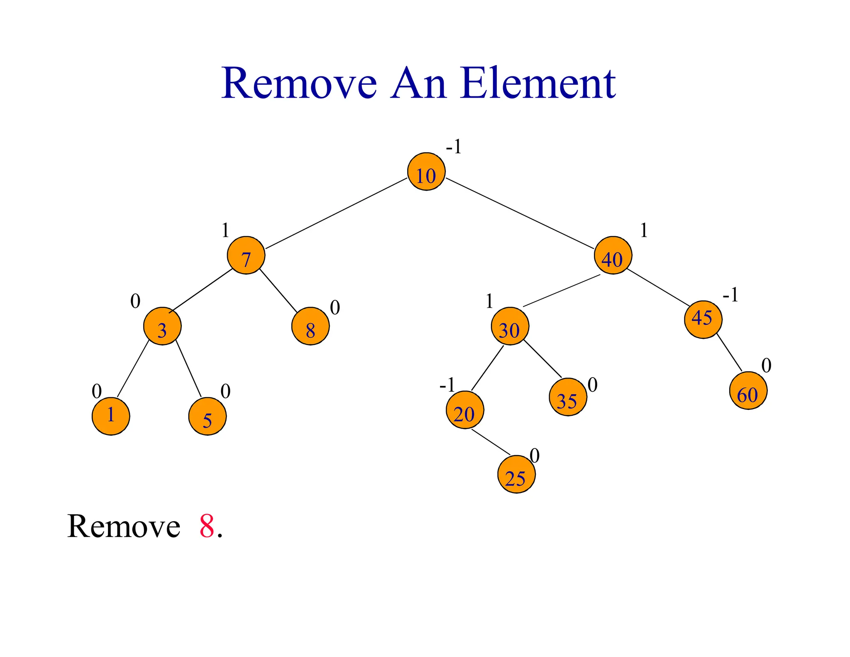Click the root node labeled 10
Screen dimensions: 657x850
point(426,172)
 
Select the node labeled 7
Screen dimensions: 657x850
point(246,255)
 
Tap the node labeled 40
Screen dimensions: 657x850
point(613,255)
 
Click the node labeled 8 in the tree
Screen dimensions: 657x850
point(310,326)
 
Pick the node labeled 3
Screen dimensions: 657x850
point(162,326)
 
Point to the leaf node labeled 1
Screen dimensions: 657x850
point(111,416)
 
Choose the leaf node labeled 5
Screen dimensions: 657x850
point(208,416)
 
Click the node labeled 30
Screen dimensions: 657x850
point(510,326)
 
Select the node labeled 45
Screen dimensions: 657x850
point(703,320)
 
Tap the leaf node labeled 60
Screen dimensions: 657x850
point(748,391)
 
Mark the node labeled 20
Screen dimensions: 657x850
point(465,410)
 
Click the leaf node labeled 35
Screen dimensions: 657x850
point(568,397)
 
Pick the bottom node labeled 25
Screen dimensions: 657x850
point(516,474)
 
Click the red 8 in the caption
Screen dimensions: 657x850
point(207,527)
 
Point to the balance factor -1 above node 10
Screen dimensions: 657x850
point(454,147)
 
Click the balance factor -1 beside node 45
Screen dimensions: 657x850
point(730,295)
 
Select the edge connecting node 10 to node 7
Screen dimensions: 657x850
point(336,213)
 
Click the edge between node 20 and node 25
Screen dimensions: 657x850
point(491,442)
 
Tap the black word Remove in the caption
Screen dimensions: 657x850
point(124,527)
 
